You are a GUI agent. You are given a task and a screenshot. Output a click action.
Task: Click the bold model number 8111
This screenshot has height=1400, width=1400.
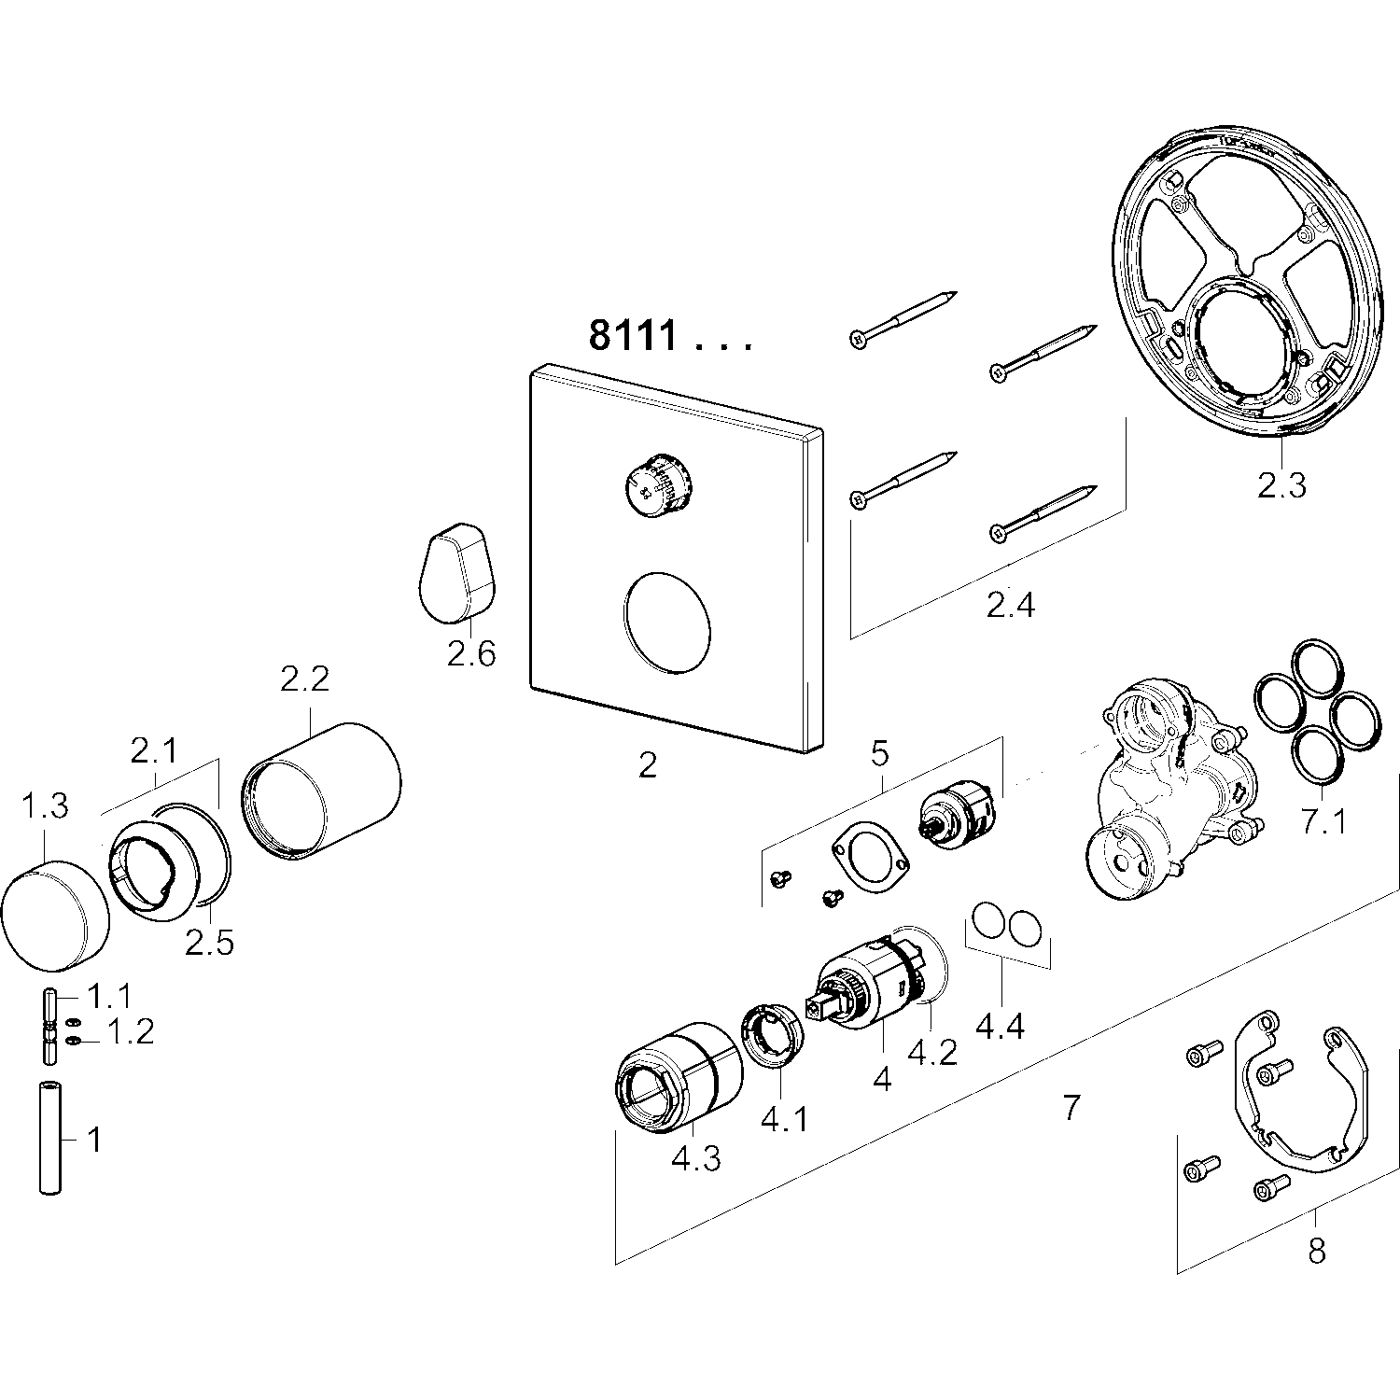click(633, 335)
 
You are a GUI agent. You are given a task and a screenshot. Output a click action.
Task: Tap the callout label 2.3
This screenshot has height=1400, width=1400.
click(1281, 485)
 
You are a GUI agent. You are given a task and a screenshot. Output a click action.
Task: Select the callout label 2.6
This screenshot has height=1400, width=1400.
click(470, 653)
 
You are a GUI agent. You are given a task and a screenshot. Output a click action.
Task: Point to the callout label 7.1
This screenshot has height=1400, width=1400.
click(1323, 821)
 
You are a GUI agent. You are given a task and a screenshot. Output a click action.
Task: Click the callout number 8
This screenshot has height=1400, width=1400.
click(1316, 1251)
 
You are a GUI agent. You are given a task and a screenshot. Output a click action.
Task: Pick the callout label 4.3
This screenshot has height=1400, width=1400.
click(695, 1159)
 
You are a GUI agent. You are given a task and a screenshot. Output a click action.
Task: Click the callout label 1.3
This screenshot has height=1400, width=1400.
click(45, 805)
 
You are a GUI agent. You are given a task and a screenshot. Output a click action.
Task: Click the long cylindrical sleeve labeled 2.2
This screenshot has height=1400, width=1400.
click(322, 787)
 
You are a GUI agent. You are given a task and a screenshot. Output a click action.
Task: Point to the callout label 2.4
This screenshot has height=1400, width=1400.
click(1011, 607)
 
